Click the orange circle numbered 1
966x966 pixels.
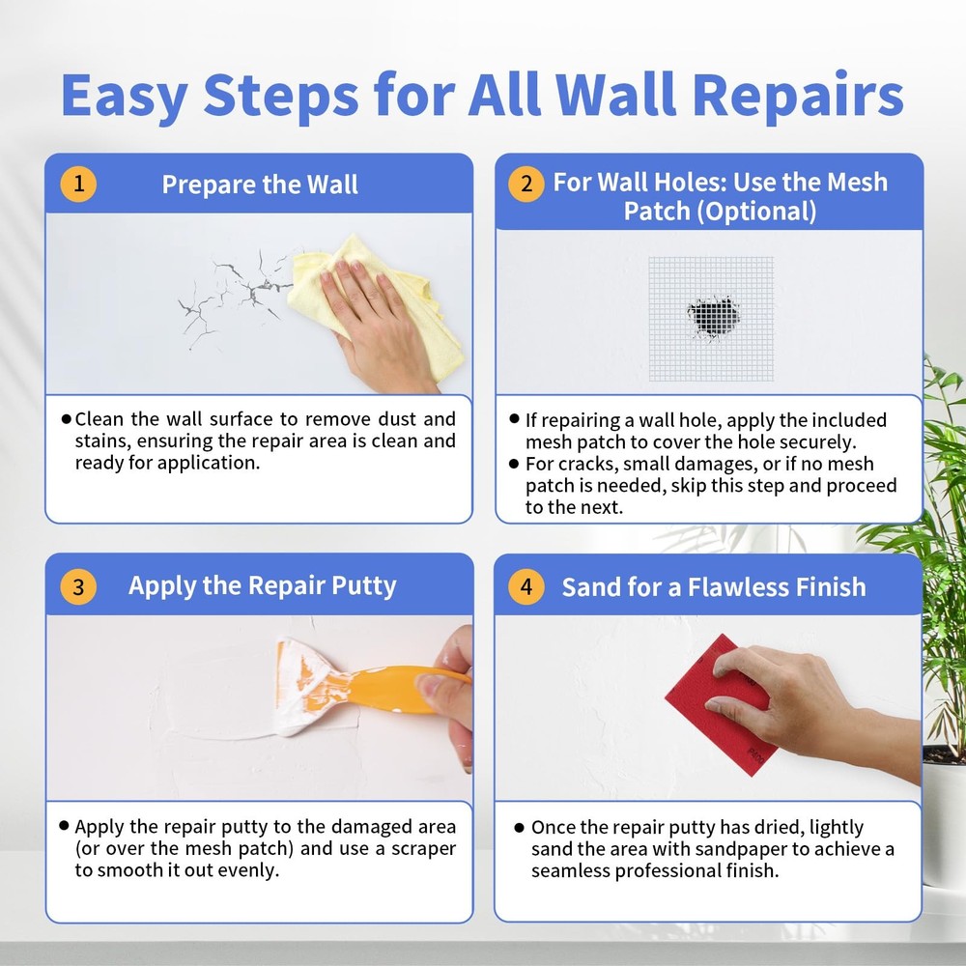tap(78, 184)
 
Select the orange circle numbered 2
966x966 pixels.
tap(526, 184)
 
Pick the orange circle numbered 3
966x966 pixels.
tap(78, 586)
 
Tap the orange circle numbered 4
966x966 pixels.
tap(526, 586)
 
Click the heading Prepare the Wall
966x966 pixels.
tap(260, 185)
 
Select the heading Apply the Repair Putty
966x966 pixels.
tap(262, 586)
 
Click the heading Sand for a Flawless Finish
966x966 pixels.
tap(714, 587)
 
